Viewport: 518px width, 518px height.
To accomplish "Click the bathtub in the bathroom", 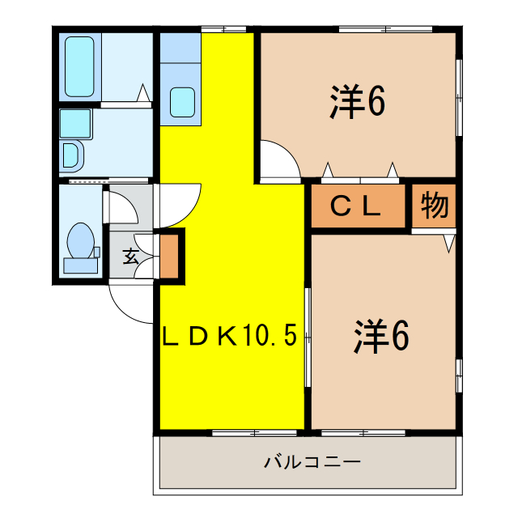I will pyautogui.click(x=79, y=66).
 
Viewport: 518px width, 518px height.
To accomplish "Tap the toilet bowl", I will pyautogui.click(x=80, y=240).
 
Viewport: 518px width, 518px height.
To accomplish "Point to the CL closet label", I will pyautogui.click(x=357, y=207).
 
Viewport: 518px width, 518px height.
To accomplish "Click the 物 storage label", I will pyautogui.click(x=434, y=207).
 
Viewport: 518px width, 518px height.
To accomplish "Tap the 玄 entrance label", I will pyautogui.click(x=130, y=257).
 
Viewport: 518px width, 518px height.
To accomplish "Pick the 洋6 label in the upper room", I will pyautogui.click(x=355, y=101).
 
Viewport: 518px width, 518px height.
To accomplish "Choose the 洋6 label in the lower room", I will pyautogui.click(x=380, y=336).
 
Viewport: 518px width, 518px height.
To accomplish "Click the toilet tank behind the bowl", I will pyautogui.click(x=80, y=265).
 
